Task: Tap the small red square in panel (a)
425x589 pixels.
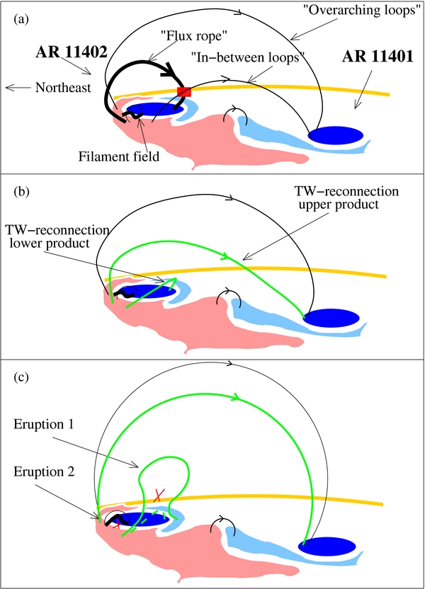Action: [x=184, y=92]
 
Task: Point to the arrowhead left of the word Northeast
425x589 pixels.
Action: [x=8, y=88]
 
